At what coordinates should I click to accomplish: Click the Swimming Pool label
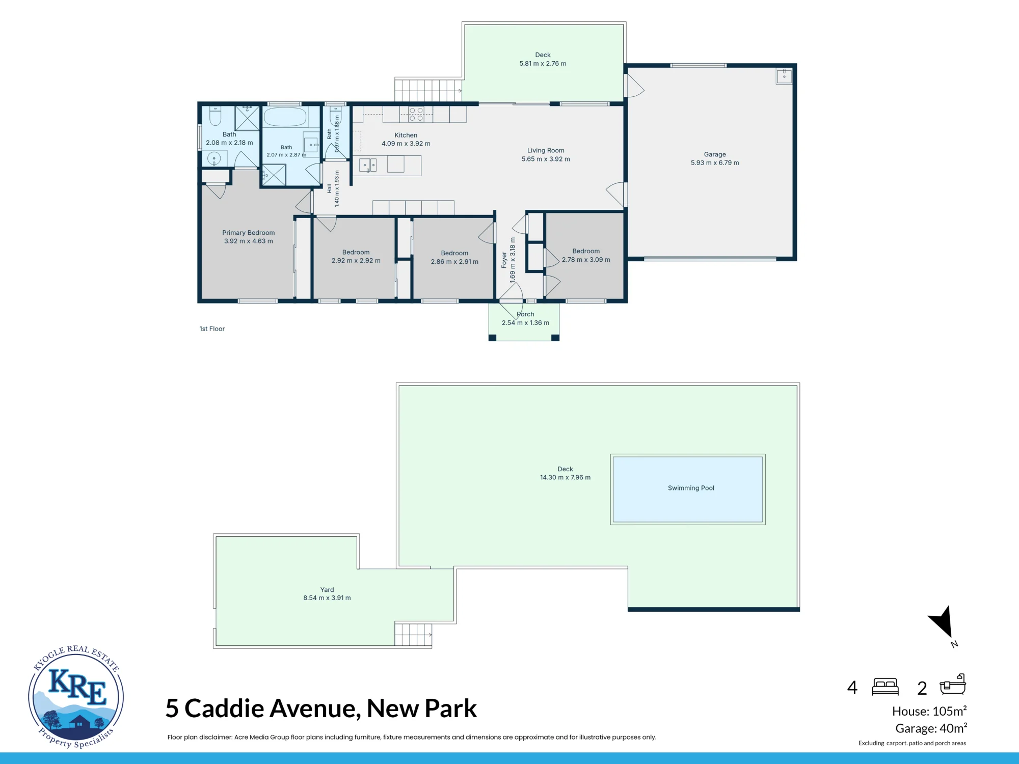tap(691, 488)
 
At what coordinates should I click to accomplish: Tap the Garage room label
tap(715, 154)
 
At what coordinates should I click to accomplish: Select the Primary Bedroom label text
tap(248, 233)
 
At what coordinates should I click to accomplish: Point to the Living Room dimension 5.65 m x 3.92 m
tap(546, 159)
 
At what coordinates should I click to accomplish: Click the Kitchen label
tap(406, 135)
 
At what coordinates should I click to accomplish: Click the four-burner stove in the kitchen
tap(416, 114)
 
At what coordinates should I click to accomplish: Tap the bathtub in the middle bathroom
tap(285, 117)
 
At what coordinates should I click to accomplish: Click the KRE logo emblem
tap(76, 696)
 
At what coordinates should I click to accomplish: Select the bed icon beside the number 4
tap(885, 687)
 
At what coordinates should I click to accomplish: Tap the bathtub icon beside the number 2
tap(953, 684)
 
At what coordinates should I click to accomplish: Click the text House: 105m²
tap(929, 711)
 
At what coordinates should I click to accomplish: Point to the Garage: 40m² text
tap(931, 728)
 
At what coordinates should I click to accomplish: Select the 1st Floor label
tap(212, 329)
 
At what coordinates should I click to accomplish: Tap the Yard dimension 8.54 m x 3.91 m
tap(327, 598)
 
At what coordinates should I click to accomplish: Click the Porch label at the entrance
tap(525, 314)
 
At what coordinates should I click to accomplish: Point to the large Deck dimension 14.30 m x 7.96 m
tap(565, 477)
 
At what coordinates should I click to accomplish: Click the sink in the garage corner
tap(784, 76)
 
